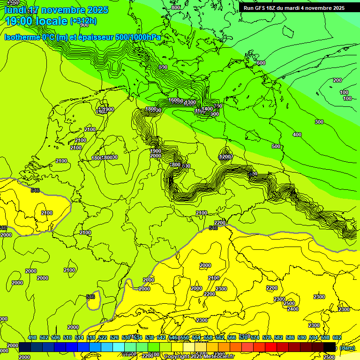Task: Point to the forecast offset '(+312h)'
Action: (x=83, y=21)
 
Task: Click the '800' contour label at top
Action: (x=175, y=7)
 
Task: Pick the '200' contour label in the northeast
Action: (x=337, y=80)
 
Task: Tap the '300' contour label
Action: (x=319, y=122)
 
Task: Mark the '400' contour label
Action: (x=297, y=135)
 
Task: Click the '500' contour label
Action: (x=276, y=146)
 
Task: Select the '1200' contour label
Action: (x=225, y=157)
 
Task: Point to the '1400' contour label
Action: (x=207, y=109)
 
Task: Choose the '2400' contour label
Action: (x=293, y=309)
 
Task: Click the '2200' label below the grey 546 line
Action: (x=219, y=222)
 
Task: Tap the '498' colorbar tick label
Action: (x=32, y=337)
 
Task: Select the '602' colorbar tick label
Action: (x=337, y=337)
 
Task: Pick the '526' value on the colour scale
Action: (x=114, y=337)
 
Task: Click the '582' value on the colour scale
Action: (x=278, y=337)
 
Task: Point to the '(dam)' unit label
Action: (x=347, y=347)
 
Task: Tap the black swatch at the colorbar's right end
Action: (x=330, y=347)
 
